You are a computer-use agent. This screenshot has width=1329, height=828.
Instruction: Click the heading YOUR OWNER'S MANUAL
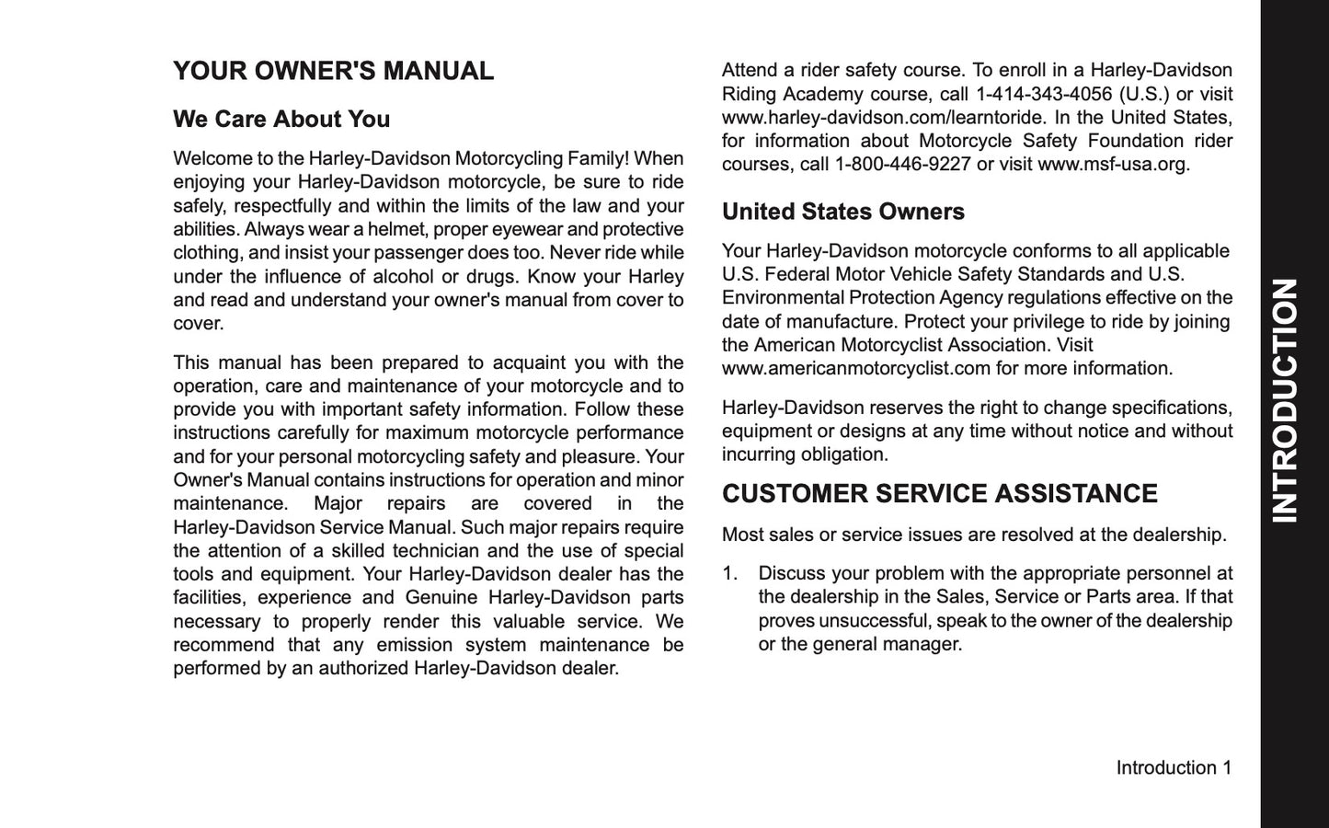333,72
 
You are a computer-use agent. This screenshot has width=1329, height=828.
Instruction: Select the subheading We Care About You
281,120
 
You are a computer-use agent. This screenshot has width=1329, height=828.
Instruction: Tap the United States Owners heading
842,212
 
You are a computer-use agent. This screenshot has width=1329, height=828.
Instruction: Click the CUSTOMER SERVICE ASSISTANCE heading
939,494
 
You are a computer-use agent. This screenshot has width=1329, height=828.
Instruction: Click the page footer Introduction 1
1173,767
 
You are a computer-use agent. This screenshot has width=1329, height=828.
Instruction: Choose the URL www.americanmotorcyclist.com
856,369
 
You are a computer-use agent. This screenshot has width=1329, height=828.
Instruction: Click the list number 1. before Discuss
730,573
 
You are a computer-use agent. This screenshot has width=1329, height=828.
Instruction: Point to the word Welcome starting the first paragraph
207,159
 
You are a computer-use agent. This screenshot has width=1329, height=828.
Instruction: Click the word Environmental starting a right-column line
783,298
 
